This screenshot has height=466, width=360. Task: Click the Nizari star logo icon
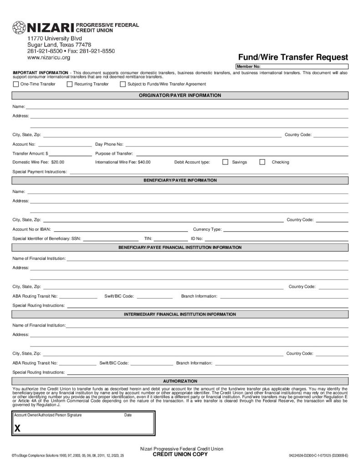click(x=19, y=27)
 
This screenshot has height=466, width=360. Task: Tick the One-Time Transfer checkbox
click(x=16, y=84)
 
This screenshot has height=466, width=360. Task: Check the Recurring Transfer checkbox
click(x=70, y=84)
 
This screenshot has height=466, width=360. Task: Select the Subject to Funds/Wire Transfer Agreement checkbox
click(x=123, y=84)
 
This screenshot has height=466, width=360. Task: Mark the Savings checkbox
click(x=225, y=162)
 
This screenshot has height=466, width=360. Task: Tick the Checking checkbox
click(x=262, y=162)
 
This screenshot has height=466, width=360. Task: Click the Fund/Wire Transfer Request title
click(x=293, y=57)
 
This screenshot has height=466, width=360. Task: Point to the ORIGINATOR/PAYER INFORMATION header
click(x=180, y=96)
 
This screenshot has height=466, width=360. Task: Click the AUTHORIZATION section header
click(x=180, y=381)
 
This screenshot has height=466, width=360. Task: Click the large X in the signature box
click(x=17, y=428)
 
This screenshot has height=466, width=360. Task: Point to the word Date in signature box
click(x=128, y=415)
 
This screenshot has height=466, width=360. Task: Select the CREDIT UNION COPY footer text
click(x=180, y=455)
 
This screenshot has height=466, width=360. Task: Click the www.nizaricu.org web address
click(x=49, y=58)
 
